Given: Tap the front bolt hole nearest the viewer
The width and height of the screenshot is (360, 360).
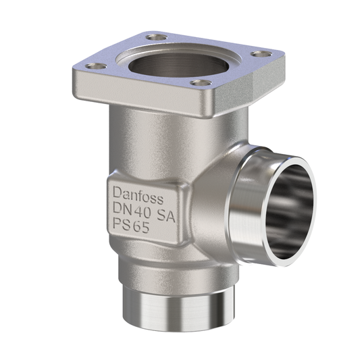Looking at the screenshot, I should coord(198,83).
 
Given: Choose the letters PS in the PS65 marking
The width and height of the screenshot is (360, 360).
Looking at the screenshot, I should coord(118,228).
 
